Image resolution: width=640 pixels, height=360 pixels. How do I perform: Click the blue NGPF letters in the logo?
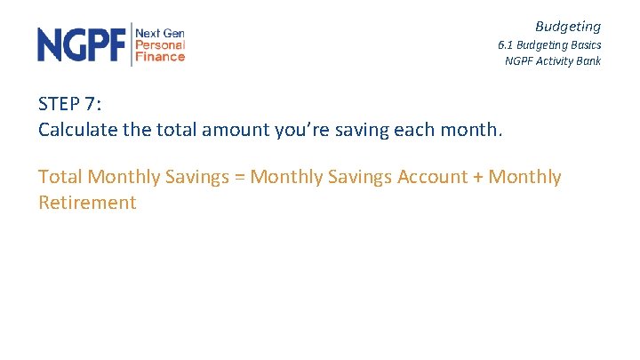pyautogui.click(x=82, y=44)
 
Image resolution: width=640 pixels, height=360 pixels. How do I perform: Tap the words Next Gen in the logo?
pyautogui.click(x=160, y=33)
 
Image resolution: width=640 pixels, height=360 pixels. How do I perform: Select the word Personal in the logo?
pyautogui.click(x=160, y=44)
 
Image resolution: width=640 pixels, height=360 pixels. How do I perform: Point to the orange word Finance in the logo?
pyautogui.click(x=160, y=56)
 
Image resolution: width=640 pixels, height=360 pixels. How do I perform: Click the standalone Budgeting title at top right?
pyautogui.click(x=568, y=27)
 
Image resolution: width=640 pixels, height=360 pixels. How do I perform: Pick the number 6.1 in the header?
pyautogui.click(x=506, y=45)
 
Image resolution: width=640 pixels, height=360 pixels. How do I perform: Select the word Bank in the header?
pyautogui.click(x=588, y=61)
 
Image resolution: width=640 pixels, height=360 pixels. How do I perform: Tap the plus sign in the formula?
pyautogui.click(x=478, y=177)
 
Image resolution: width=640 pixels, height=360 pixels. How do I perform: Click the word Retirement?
pyautogui.click(x=87, y=203)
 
